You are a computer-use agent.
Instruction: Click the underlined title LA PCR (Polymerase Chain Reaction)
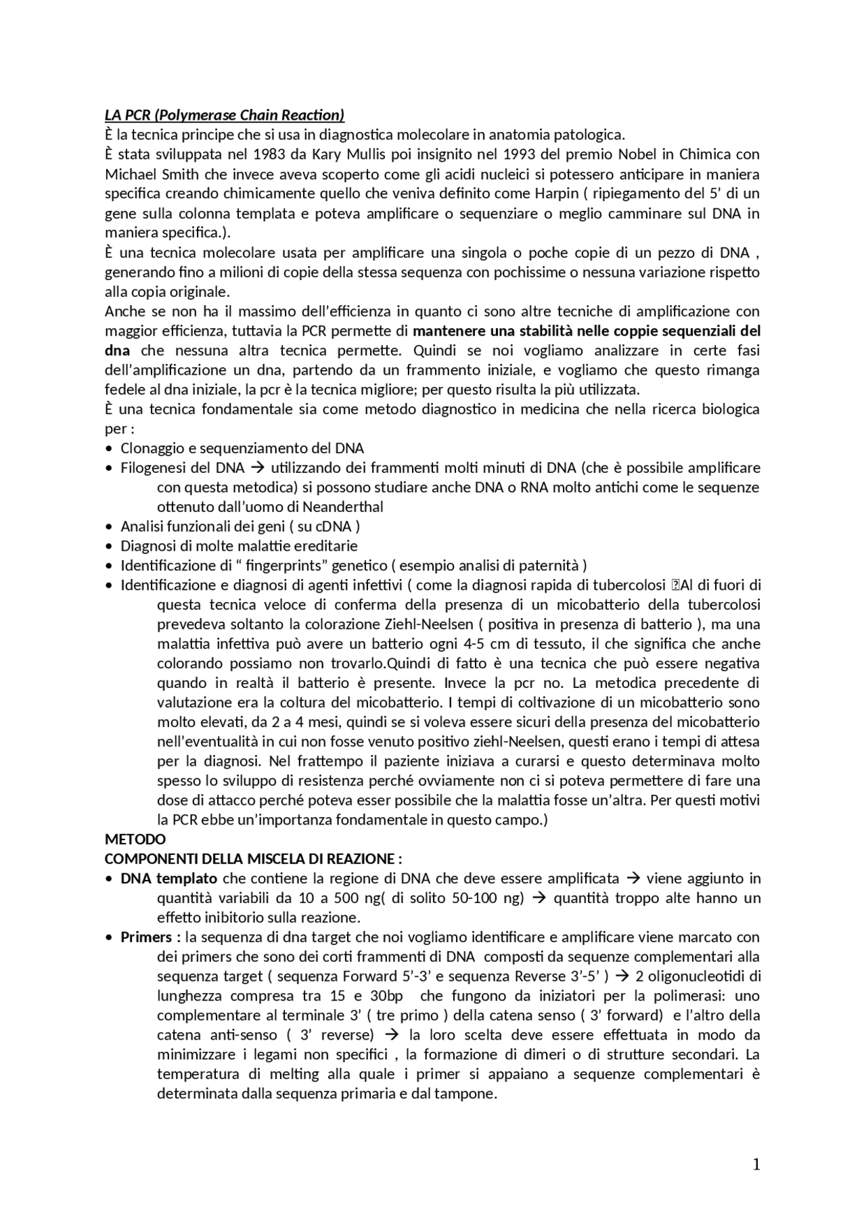(x=225, y=114)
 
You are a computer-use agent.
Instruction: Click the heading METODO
(x=135, y=839)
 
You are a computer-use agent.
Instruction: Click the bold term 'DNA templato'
(x=169, y=879)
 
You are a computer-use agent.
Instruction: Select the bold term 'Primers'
(x=146, y=938)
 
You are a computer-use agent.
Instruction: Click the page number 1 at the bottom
(x=756, y=1165)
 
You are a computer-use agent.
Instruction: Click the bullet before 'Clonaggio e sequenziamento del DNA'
(x=110, y=448)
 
